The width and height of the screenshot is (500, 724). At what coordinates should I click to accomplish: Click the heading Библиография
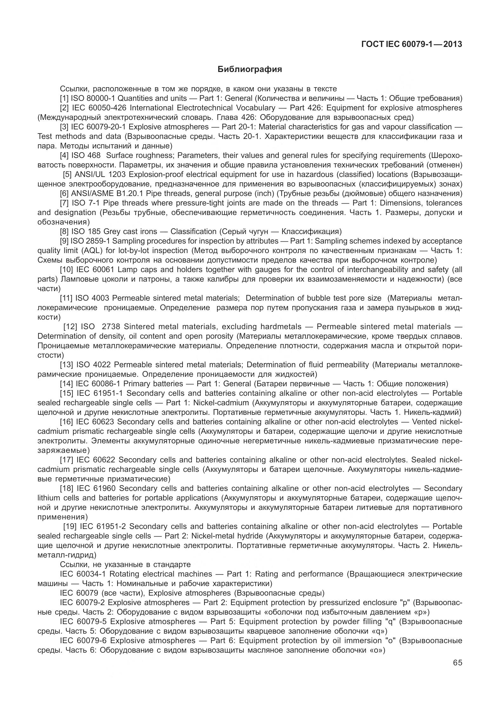[250, 69]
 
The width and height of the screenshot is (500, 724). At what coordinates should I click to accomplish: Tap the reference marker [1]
[64, 98]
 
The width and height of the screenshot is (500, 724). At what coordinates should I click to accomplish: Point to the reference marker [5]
[67, 174]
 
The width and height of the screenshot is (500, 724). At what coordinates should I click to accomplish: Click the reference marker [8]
[64, 231]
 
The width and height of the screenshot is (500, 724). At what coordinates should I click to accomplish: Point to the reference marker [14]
[66, 383]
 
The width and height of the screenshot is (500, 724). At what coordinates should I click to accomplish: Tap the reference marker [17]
[66, 460]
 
